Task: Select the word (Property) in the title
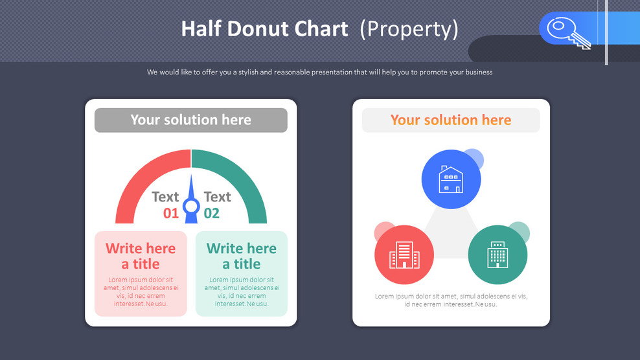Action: point(409,28)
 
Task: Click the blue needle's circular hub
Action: point(191,207)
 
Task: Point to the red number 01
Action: point(170,213)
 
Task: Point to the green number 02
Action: point(212,213)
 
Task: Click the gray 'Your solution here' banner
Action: point(190,120)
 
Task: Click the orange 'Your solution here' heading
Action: point(450,120)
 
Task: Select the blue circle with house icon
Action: point(451,179)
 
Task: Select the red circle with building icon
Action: point(404,254)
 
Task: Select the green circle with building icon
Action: point(497,254)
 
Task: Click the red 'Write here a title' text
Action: point(141,256)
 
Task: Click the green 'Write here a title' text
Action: point(241,256)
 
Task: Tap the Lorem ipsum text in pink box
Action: point(141,291)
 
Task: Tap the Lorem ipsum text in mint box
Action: point(241,291)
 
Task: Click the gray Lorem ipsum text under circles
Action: point(451,300)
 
